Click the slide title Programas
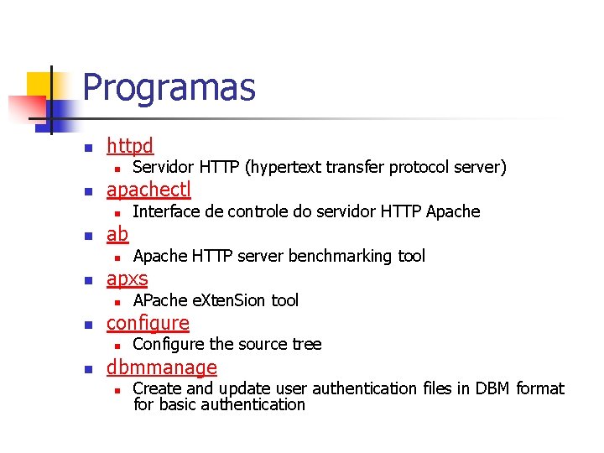click(x=169, y=87)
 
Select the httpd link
click(x=130, y=146)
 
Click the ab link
click(x=117, y=234)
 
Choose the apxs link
click(x=127, y=279)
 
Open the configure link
click(x=148, y=323)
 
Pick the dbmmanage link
click(x=161, y=367)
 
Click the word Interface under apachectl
click(x=164, y=211)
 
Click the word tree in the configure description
click(x=307, y=344)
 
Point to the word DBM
click(x=493, y=388)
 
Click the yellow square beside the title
click(x=39, y=85)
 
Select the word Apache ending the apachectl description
click(x=453, y=211)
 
